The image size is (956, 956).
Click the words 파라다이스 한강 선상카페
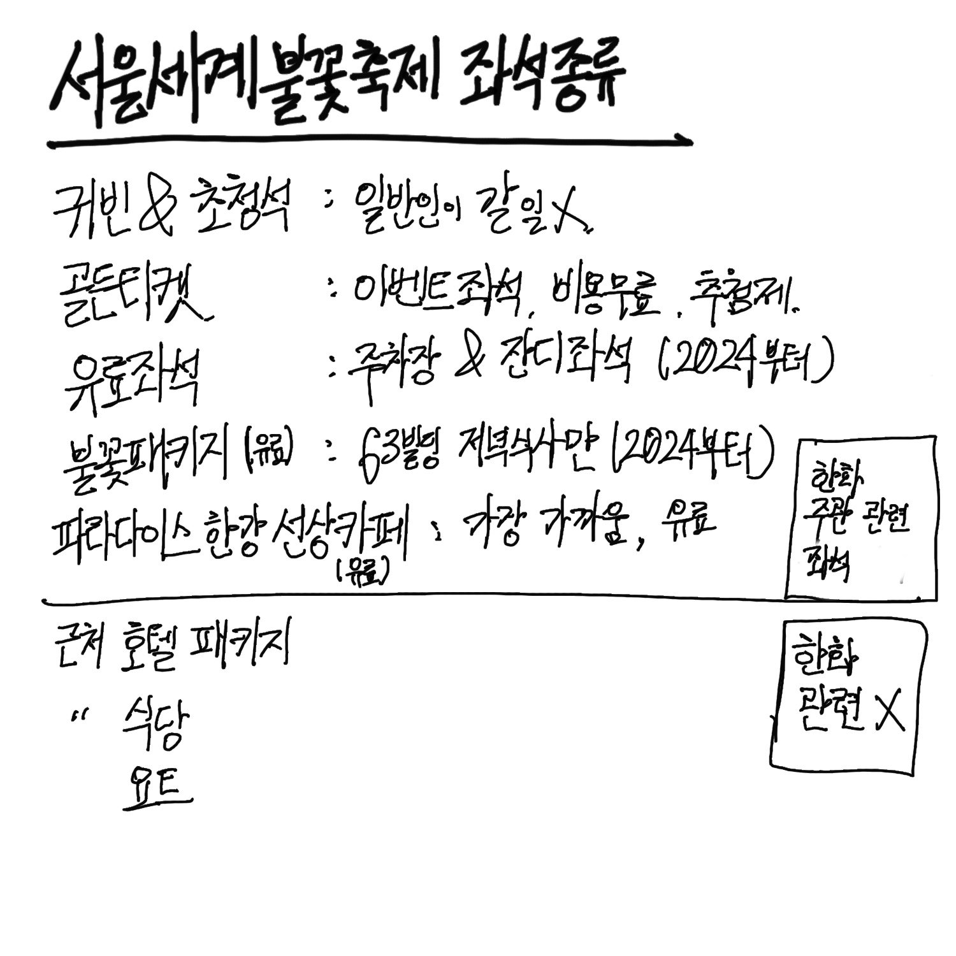click(x=229, y=535)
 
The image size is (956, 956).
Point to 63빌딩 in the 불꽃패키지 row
click(x=398, y=456)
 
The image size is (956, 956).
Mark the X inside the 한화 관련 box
click(x=889, y=711)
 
